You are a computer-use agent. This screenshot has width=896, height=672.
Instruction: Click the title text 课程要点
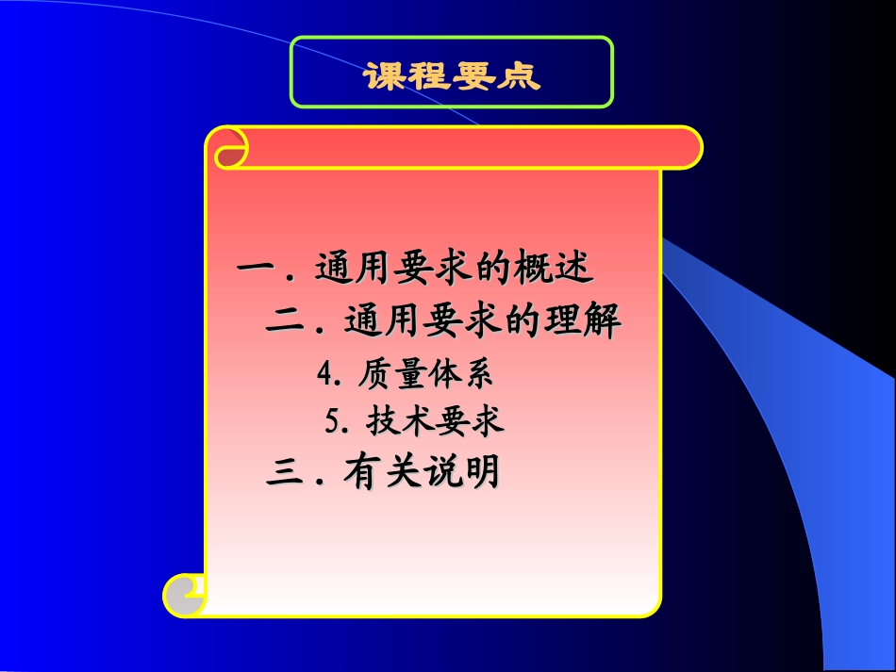click(452, 75)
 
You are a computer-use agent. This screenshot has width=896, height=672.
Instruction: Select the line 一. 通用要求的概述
click(415, 270)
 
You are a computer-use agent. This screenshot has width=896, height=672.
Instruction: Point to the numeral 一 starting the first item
click(255, 270)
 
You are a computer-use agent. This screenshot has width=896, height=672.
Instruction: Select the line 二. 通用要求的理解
click(443, 323)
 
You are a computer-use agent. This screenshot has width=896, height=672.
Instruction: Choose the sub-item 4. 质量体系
click(407, 375)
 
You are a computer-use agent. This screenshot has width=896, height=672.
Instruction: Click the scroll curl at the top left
click(229, 148)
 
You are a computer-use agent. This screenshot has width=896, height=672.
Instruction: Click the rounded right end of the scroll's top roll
click(687, 147)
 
